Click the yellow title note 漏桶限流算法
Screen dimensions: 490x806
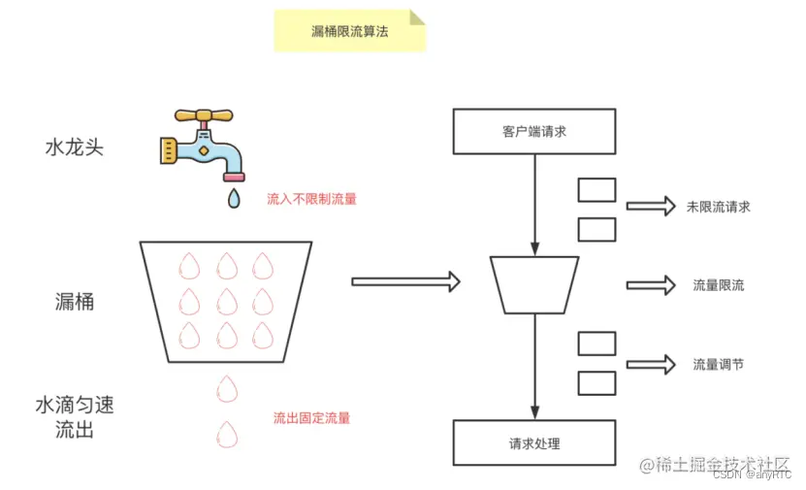click(349, 31)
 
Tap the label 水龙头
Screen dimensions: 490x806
click(74, 148)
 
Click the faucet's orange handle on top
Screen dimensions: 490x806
click(205, 114)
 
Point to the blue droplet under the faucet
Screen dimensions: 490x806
click(233, 199)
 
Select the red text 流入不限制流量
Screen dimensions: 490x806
click(311, 199)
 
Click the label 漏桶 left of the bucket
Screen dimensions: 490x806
click(75, 302)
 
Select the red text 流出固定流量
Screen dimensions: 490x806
click(311, 418)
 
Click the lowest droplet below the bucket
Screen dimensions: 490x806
click(227, 434)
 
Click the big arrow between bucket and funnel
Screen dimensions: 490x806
click(405, 281)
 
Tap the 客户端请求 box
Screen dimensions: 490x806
click(534, 132)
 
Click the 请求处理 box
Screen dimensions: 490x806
click(534, 443)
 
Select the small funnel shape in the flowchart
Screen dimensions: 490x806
click(534, 284)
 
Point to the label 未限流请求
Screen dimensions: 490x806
click(718, 206)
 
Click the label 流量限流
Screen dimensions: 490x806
click(718, 285)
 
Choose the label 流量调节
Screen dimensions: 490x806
click(718, 365)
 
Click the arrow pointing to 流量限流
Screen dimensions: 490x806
click(650, 285)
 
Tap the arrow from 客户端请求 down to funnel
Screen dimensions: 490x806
click(534, 204)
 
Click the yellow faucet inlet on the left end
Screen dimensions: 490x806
click(168, 148)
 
